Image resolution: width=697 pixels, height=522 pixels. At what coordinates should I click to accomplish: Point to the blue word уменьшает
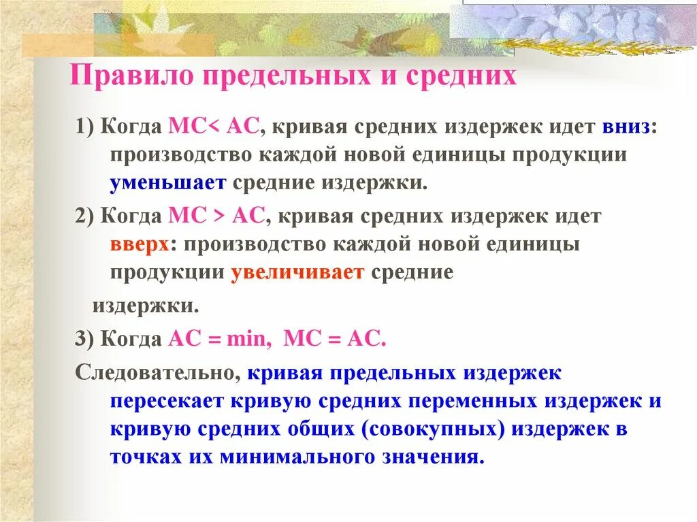(169, 182)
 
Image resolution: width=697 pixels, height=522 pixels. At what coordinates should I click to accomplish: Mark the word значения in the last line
(438, 456)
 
